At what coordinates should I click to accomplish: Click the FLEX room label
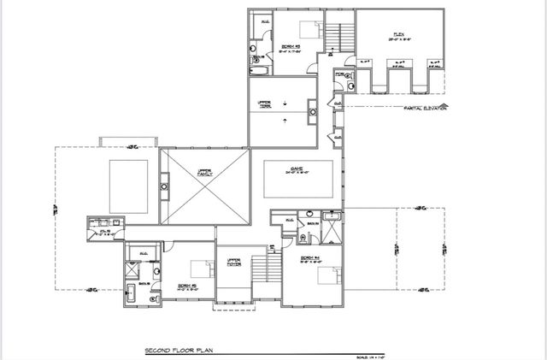click(x=398, y=35)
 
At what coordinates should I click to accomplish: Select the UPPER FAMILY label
click(x=203, y=172)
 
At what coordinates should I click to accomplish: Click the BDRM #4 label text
click(x=309, y=259)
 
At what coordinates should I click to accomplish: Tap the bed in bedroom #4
click(x=326, y=276)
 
